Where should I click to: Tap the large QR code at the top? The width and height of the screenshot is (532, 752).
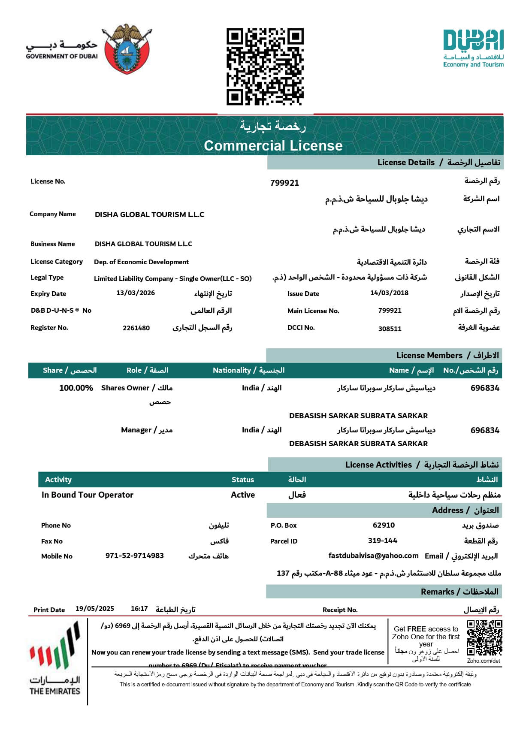pyautogui.click(x=265, y=66)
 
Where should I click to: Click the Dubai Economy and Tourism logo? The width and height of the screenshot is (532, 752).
pyautogui.click(x=473, y=48)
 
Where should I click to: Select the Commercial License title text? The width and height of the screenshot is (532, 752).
pyautogui.click(x=273, y=146)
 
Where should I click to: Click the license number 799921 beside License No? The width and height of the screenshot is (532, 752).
pyautogui.click(x=284, y=183)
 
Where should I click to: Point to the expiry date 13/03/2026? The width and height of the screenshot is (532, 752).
pyautogui.click(x=136, y=293)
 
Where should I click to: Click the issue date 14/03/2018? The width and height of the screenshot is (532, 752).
pyautogui.click(x=389, y=293)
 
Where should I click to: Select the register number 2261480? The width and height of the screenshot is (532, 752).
pyautogui.click(x=136, y=328)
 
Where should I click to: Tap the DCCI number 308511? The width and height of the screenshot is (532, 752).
pyautogui.click(x=390, y=329)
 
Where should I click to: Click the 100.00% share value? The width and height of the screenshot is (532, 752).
pyautogui.click(x=76, y=388)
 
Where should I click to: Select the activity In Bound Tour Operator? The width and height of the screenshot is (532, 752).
pyautogui.click(x=88, y=495)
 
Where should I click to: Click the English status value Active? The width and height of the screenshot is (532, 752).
pyautogui.click(x=243, y=495)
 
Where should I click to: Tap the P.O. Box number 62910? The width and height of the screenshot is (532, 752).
pyautogui.click(x=384, y=525)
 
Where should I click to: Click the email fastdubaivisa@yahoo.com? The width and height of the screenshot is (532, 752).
pyautogui.click(x=373, y=556)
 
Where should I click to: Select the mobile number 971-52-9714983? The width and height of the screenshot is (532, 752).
pyautogui.click(x=135, y=556)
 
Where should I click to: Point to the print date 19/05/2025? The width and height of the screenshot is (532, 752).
pyautogui.click(x=95, y=609)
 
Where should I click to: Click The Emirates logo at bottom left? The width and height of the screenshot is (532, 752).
pyautogui.click(x=55, y=658)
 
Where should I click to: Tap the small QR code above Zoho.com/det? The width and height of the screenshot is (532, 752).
pyautogui.click(x=484, y=638)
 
